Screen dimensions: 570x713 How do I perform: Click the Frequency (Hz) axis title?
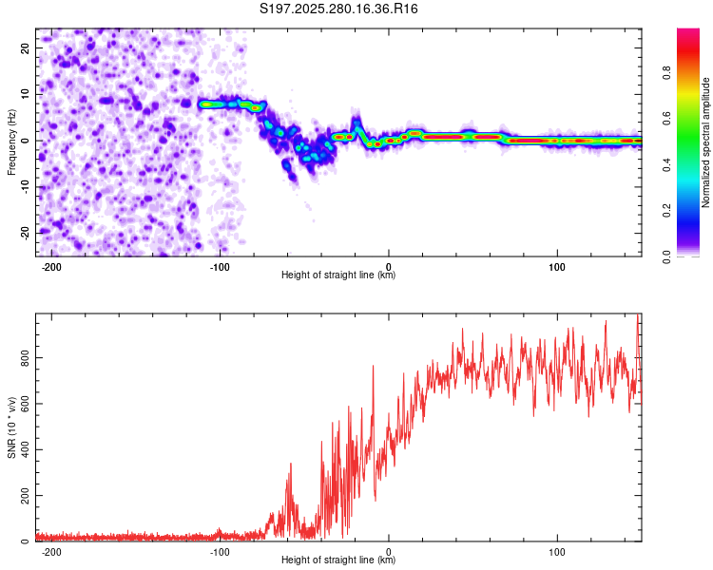coord(11,142)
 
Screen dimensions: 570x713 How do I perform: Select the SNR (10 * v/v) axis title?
coord(11,427)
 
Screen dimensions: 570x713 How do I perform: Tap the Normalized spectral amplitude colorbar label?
coord(706,142)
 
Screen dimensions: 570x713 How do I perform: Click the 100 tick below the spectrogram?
coord(557,265)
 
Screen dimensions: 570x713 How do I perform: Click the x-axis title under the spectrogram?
coord(338,275)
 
